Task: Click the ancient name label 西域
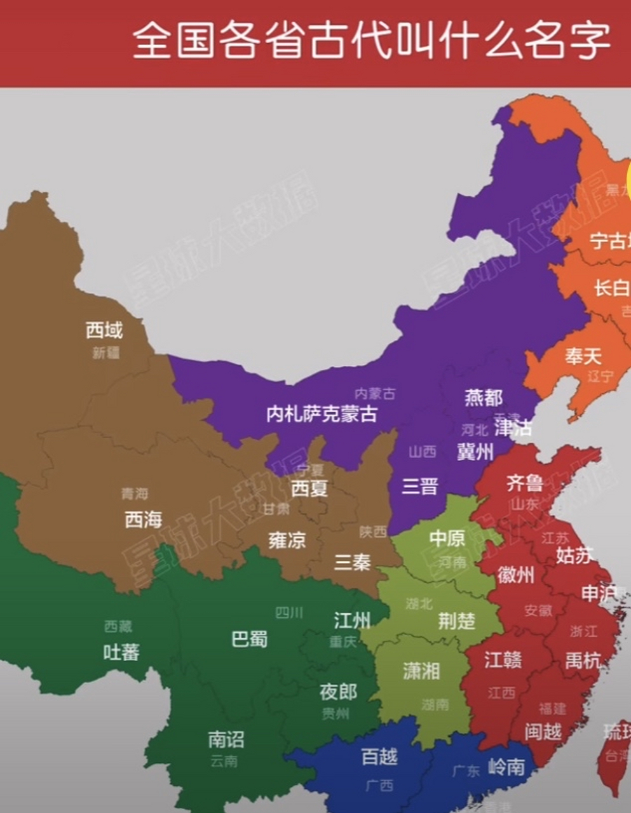point(104,330)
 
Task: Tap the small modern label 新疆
point(106,353)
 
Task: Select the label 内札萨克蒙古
point(322,414)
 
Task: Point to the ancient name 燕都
point(484,398)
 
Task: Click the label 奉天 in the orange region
point(583,356)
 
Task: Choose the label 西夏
point(309,488)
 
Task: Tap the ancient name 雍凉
point(287,541)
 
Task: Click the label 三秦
point(353,561)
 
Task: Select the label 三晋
point(420,487)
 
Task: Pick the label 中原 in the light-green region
point(447,539)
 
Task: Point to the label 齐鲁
point(525,483)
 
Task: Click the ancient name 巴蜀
point(249,639)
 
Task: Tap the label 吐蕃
point(121,652)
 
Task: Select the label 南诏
point(226,739)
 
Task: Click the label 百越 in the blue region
point(379,756)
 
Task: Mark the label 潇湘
point(421,671)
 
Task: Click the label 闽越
point(543,732)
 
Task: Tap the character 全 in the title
point(153,41)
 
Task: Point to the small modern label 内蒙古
point(375,394)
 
